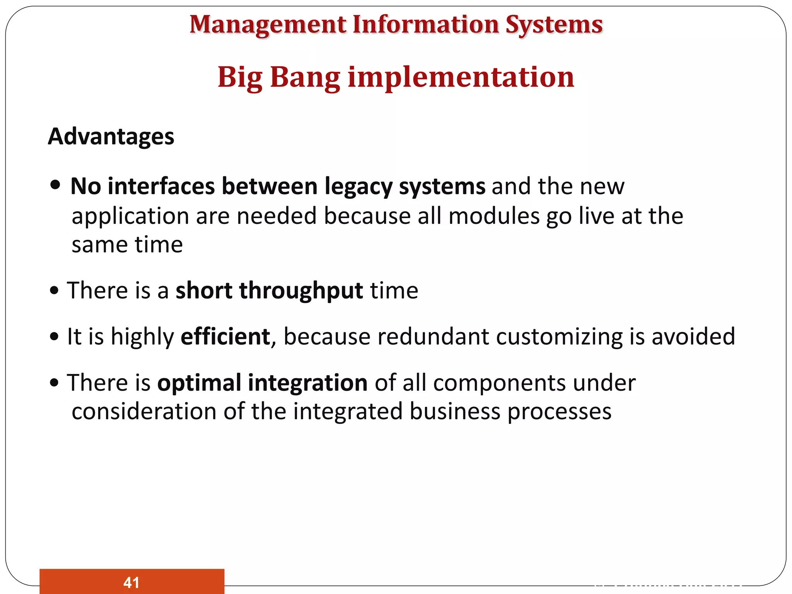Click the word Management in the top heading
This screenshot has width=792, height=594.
(x=268, y=25)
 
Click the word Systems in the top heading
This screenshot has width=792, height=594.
(x=554, y=25)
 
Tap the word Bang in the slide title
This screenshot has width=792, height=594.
(x=305, y=77)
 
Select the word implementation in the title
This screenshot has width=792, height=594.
(x=461, y=77)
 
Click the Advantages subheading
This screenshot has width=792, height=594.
(x=111, y=137)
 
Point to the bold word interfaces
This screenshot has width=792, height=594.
(x=161, y=186)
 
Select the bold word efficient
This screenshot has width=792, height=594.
(x=225, y=336)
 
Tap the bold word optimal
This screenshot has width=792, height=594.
(x=199, y=383)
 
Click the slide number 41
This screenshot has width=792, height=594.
(x=131, y=582)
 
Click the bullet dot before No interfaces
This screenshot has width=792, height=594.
(x=55, y=185)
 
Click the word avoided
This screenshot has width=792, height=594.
(x=693, y=336)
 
